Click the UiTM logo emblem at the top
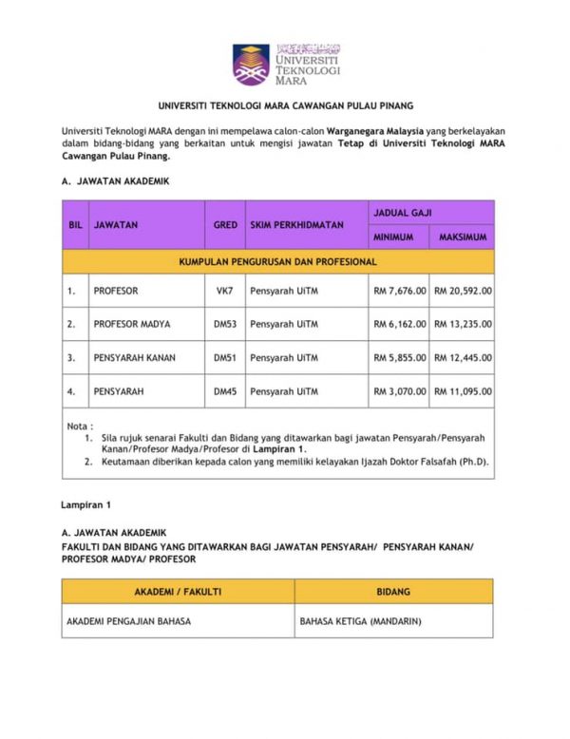[251, 64]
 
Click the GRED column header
[225, 225]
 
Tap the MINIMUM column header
[399, 237]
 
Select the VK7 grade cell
[225, 292]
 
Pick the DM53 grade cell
[225, 324]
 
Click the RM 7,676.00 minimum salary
[399, 292]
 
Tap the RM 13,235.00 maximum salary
[463, 324]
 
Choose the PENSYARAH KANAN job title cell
[134, 357]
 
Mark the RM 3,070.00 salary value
[399, 390]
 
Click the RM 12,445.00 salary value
[463, 357]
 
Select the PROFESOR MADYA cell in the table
[132, 324]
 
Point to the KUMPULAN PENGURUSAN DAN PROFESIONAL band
[278, 260]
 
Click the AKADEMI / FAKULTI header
[178, 592]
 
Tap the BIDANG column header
[393, 592]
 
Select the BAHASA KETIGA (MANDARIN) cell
[360, 622]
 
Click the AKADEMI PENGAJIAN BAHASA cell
[128, 622]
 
